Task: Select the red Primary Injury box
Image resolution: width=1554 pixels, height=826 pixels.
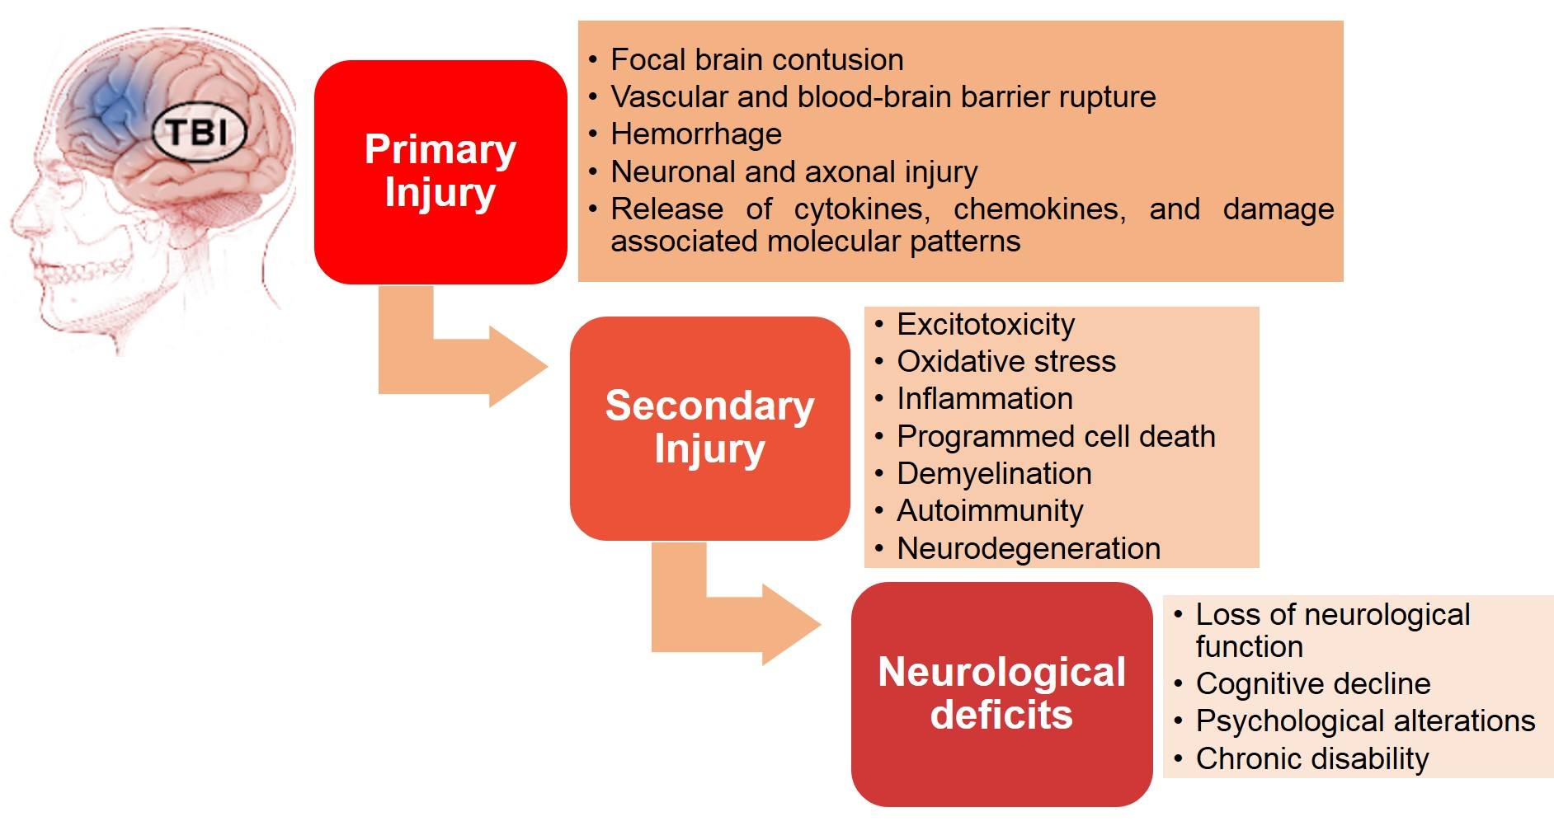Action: pyautogui.click(x=440, y=171)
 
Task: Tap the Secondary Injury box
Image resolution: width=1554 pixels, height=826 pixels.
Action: pyautogui.click(x=709, y=428)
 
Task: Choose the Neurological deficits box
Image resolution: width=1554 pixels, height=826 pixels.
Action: pyautogui.click(x=1001, y=693)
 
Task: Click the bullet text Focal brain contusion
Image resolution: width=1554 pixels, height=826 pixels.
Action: pyautogui.click(x=756, y=60)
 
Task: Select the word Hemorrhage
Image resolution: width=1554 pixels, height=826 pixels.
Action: pyautogui.click(x=695, y=134)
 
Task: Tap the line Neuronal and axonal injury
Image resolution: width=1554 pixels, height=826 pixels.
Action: pyautogui.click(x=793, y=172)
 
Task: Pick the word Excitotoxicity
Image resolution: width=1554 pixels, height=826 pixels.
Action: pyautogui.click(x=985, y=325)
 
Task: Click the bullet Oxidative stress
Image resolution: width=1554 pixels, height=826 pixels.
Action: pyautogui.click(x=1005, y=362)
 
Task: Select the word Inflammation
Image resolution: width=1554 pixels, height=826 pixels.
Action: pyautogui.click(x=984, y=399)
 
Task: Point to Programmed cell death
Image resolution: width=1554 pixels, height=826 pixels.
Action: pyautogui.click(x=1055, y=437)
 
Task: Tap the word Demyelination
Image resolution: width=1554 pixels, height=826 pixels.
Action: pyautogui.click(x=993, y=474)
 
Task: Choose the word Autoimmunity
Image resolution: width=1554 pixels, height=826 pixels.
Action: pyautogui.click(x=989, y=511)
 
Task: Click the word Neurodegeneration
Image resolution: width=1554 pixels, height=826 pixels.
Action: pyautogui.click(x=1028, y=549)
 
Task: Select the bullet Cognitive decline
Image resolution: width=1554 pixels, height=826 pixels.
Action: pyautogui.click(x=1312, y=684)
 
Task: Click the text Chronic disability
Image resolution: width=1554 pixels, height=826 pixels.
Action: pyautogui.click(x=1311, y=759)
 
